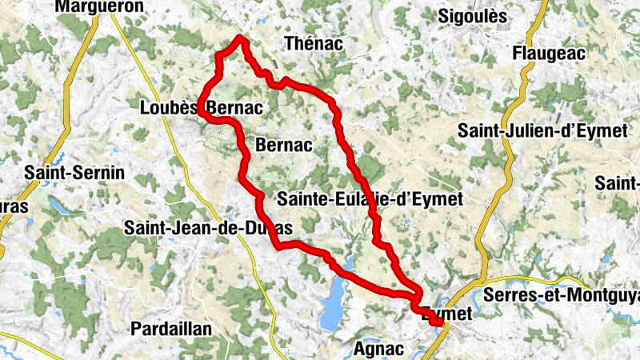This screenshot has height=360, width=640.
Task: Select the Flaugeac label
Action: coord(550,54)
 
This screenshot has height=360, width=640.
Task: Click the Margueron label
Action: coord(99,6)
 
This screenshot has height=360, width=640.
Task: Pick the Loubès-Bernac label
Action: coord(202,107)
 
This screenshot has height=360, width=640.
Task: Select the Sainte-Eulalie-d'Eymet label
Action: coord(370,200)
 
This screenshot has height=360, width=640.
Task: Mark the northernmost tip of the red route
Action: coord(239,38)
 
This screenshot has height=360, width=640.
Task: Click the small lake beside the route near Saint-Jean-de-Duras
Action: coord(349,265)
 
